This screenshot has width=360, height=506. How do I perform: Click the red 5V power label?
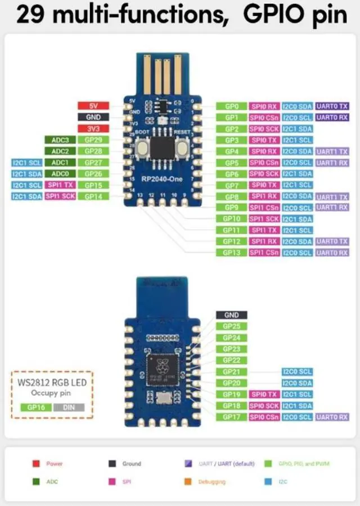click(x=93, y=106)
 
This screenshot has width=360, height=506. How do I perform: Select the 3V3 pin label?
click(x=93, y=128)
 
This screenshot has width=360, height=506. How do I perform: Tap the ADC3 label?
click(x=60, y=140)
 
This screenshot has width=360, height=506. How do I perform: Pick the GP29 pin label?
click(x=93, y=140)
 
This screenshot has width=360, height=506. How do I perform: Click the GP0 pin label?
click(x=232, y=106)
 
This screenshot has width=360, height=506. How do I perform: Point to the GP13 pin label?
click(x=232, y=253)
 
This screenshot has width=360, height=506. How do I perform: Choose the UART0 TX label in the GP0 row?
click(x=332, y=106)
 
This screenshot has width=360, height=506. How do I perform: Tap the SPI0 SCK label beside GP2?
click(x=264, y=129)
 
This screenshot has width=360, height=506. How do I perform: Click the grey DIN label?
click(x=69, y=407)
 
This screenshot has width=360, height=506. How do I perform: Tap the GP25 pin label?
click(x=231, y=326)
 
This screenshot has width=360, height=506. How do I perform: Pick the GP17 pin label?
click(x=231, y=417)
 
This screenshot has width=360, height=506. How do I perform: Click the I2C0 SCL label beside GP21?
click(x=297, y=372)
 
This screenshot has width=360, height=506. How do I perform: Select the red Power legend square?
click(x=36, y=464)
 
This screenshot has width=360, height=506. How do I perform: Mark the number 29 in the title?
click(x=29, y=15)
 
